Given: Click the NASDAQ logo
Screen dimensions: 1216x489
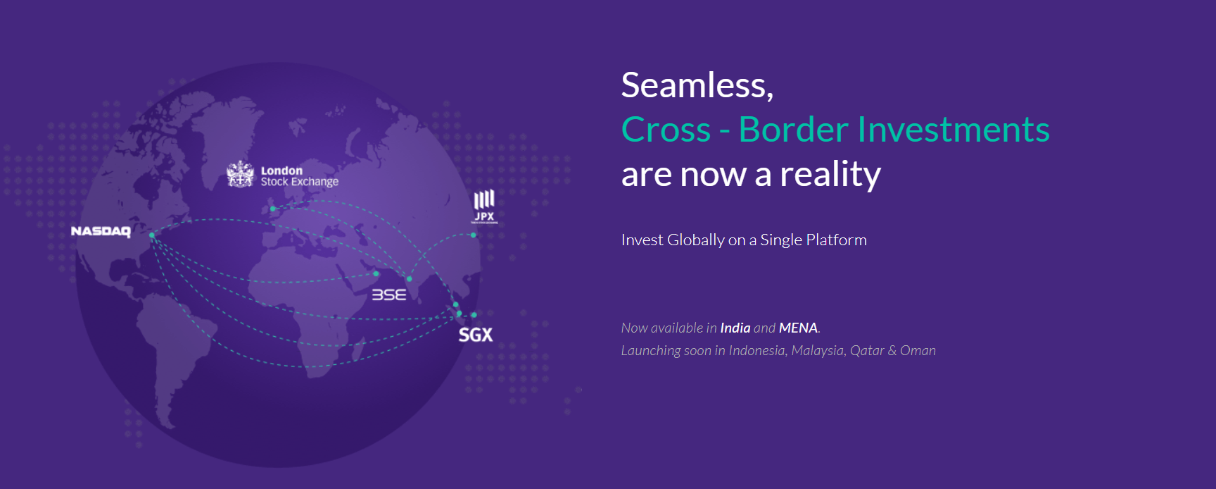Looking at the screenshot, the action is coord(101,231).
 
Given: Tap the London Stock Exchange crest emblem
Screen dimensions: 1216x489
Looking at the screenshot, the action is coord(240,174).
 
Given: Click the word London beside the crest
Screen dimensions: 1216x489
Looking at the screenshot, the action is coord(281,171).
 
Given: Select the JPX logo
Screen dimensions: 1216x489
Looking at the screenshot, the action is coord(484,206).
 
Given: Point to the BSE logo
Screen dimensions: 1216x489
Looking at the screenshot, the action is coord(389,295).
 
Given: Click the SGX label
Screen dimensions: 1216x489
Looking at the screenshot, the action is coord(476,335).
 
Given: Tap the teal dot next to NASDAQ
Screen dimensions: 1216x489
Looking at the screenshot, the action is coord(152,235).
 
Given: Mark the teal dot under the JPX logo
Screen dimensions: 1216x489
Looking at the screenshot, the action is coord(474,235).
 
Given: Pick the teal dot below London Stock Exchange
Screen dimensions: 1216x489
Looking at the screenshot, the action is coord(273,209).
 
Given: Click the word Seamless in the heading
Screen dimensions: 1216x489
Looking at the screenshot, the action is coord(694,85).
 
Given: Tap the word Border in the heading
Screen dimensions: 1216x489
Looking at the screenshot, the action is coord(793,130).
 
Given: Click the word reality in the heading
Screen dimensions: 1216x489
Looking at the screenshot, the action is coord(830,174).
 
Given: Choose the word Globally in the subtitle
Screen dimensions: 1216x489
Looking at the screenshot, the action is coord(696,240).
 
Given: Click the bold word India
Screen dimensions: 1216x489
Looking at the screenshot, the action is coord(735,328).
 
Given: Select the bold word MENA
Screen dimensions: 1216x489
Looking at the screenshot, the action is coord(798,328).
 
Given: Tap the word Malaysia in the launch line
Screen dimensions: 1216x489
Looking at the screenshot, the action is coord(818,350).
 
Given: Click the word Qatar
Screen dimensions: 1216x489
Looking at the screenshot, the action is coord(867,350).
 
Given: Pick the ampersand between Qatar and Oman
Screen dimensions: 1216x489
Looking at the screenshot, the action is coord(892,350).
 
